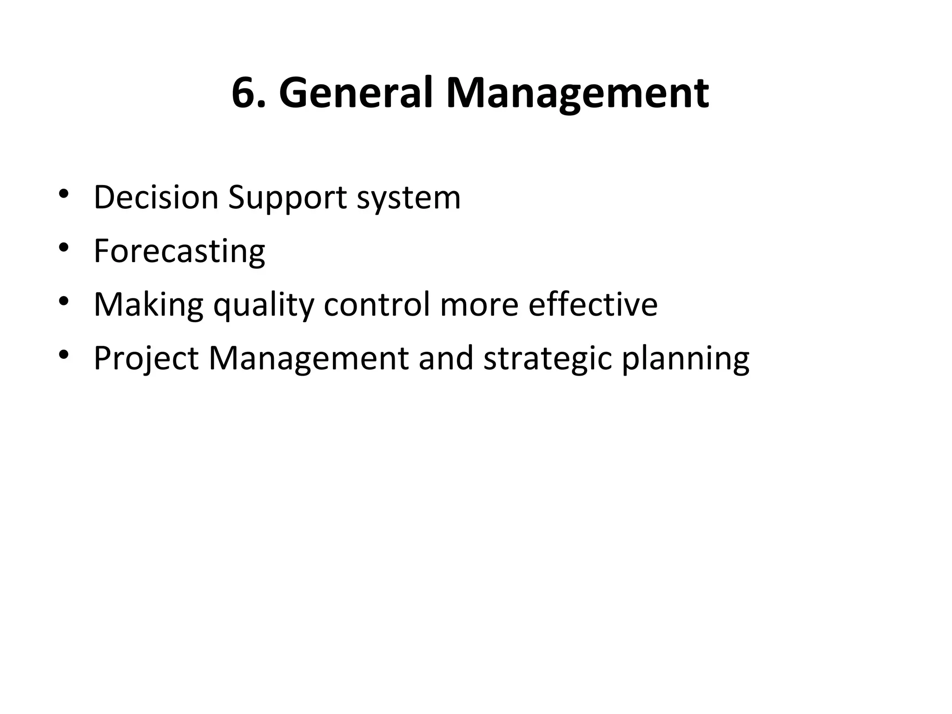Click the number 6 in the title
[246, 93]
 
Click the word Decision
[156, 197]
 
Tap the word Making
[148, 305]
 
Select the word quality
[264, 305]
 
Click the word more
[479, 305]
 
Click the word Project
[146, 359]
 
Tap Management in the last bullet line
[309, 359]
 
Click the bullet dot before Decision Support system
[64, 194]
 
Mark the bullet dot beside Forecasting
[64, 248]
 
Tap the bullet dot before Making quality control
[64, 301]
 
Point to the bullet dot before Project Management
[64, 355]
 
